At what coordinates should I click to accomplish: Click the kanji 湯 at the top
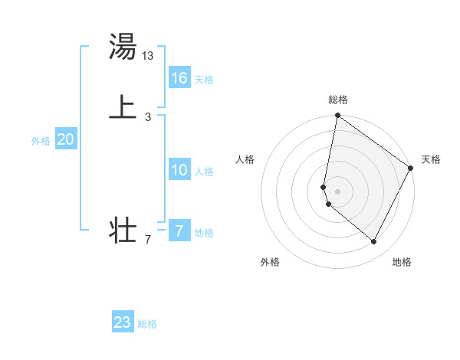click(x=123, y=47)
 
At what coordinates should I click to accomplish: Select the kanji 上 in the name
click(x=123, y=106)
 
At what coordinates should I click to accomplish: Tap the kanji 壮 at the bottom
click(x=123, y=230)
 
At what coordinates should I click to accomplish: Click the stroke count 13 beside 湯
click(x=148, y=55)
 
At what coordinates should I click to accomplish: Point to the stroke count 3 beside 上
click(x=148, y=116)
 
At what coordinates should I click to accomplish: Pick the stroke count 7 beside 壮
click(x=148, y=240)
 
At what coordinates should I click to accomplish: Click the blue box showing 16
click(x=179, y=78)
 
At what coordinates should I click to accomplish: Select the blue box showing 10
click(x=179, y=170)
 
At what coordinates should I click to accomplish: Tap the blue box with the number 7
click(x=179, y=231)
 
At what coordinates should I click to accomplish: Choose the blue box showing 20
click(x=65, y=139)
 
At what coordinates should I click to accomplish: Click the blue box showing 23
click(x=123, y=322)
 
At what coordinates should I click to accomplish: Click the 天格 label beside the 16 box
click(x=204, y=80)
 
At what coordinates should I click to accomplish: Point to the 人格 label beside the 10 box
click(x=204, y=172)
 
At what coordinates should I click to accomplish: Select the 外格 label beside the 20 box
click(x=41, y=141)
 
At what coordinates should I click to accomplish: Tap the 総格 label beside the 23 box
click(x=147, y=324)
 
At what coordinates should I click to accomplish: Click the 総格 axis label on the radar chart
click(x=338, y=100)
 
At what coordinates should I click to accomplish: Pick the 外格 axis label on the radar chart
click(x=270, y=263)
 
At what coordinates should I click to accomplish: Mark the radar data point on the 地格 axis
click(x=374, y=242)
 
